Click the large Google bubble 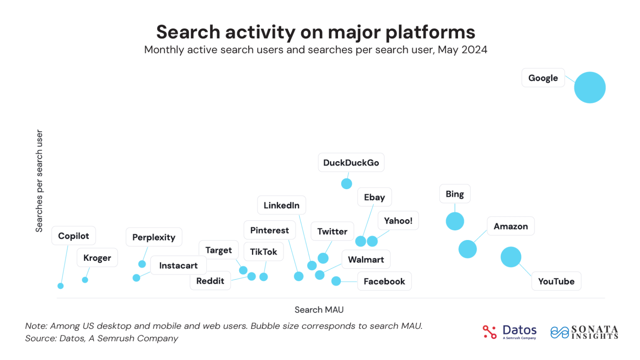[x=590, y=87]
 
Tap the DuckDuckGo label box [x=351, y=162]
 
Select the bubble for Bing [x=455, y=221]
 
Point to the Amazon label [x=510, y=226]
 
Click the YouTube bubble [x=511, y=257]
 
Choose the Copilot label [x=73, y=236]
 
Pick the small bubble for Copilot [x=60, y=286]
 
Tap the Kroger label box [x=97, y=258]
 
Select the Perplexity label [x=154, y=237]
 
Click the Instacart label [x=178, y=265]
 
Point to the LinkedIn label [x=281, y=205]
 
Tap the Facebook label [x=384, y=281]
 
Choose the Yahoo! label [x=398, y=221]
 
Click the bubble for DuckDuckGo [x=346, y=183]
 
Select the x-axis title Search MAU [x=319, y=310]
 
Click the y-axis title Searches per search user [x=39, y=181]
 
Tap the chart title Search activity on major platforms [x=315, y=32]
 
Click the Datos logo [x=510, y=332]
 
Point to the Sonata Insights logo [x=584, y=332]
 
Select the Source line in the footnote [x=101, y=338]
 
